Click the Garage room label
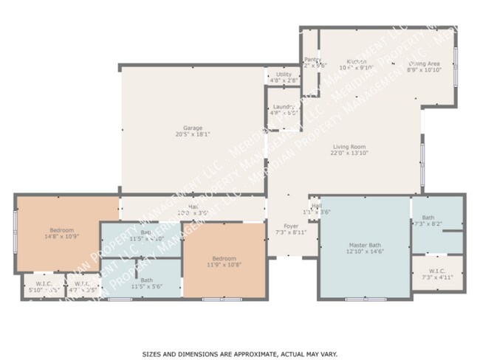coord(193,128)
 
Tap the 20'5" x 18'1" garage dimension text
coord(193,134)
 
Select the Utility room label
coord(284,75)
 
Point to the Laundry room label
coord(284,107)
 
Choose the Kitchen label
coord(357,61)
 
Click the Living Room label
coord(348,147)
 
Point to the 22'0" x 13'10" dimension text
coord(348,153)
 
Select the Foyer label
coord(291,226)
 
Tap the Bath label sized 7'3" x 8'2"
coord(428,217)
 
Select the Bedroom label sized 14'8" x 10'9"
coord(62,230)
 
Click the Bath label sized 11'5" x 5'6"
coord(146,280)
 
